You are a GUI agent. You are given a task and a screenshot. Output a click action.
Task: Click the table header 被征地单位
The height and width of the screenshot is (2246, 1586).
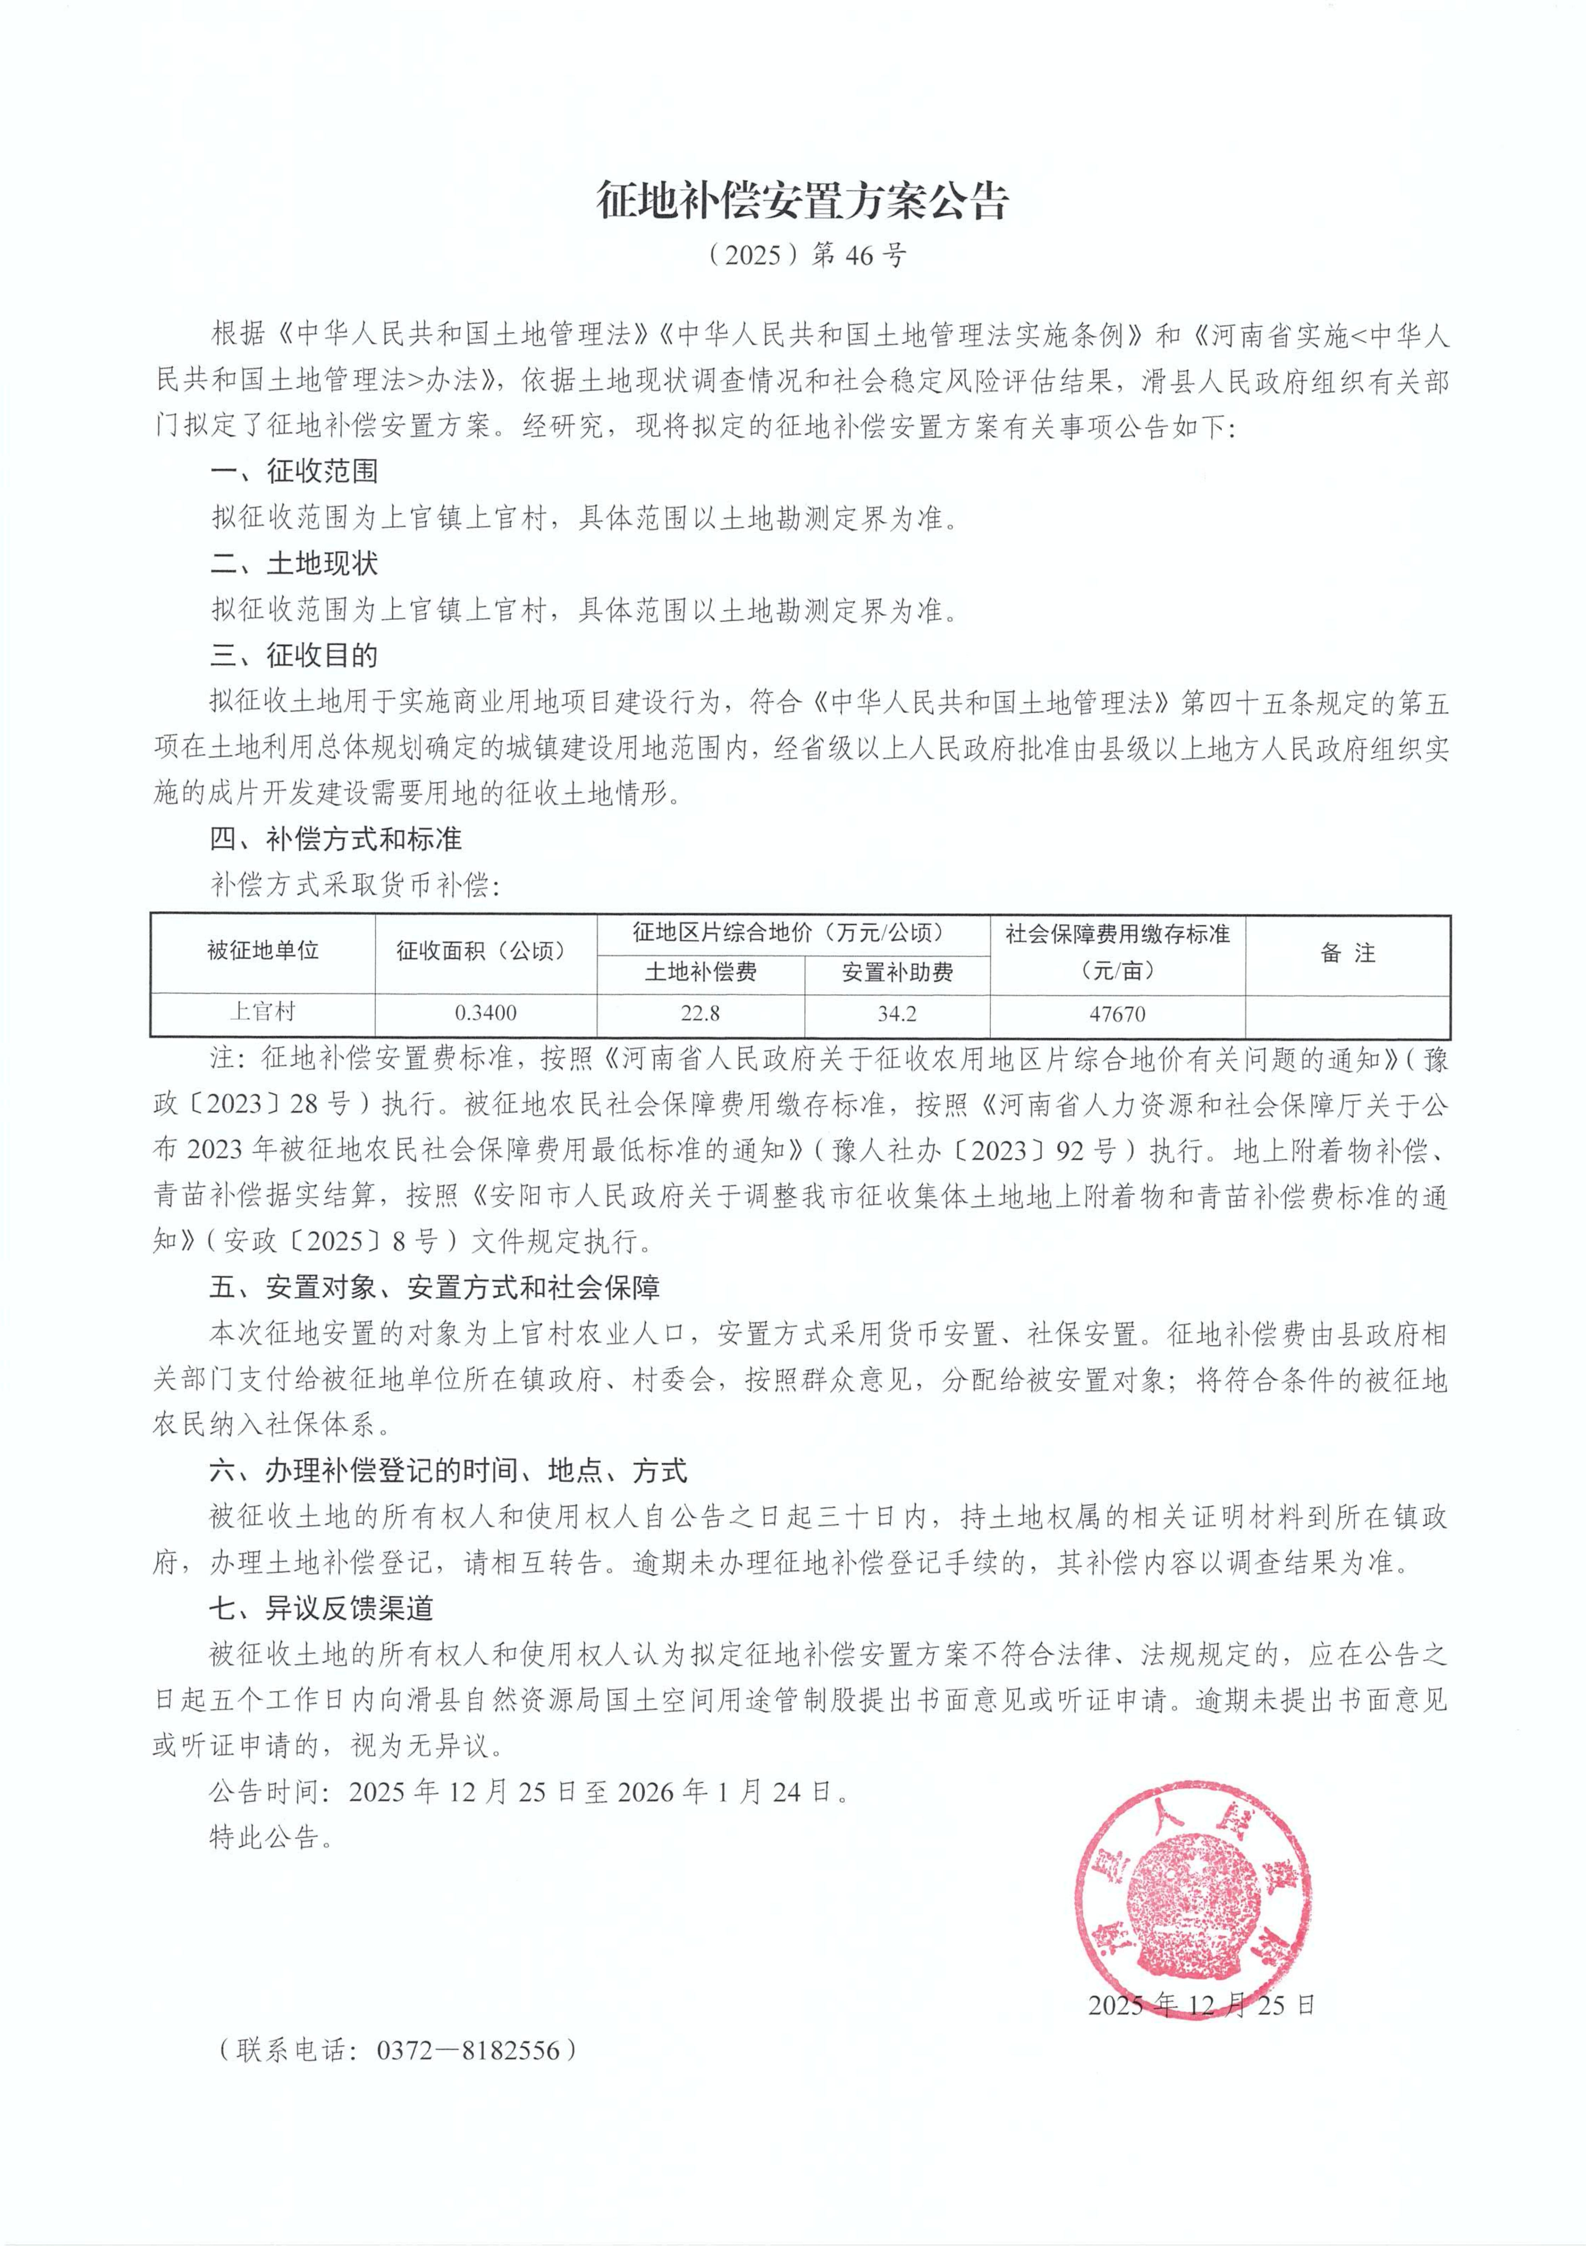(x=263, y=951)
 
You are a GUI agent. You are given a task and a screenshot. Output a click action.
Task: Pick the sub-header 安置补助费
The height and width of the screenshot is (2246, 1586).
(x=897, y=972)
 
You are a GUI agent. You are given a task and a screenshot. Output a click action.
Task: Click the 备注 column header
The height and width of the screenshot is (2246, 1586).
(x=1347, y=953)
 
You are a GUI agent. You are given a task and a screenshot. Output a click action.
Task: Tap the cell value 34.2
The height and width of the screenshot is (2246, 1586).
(x=897, y=1013)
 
